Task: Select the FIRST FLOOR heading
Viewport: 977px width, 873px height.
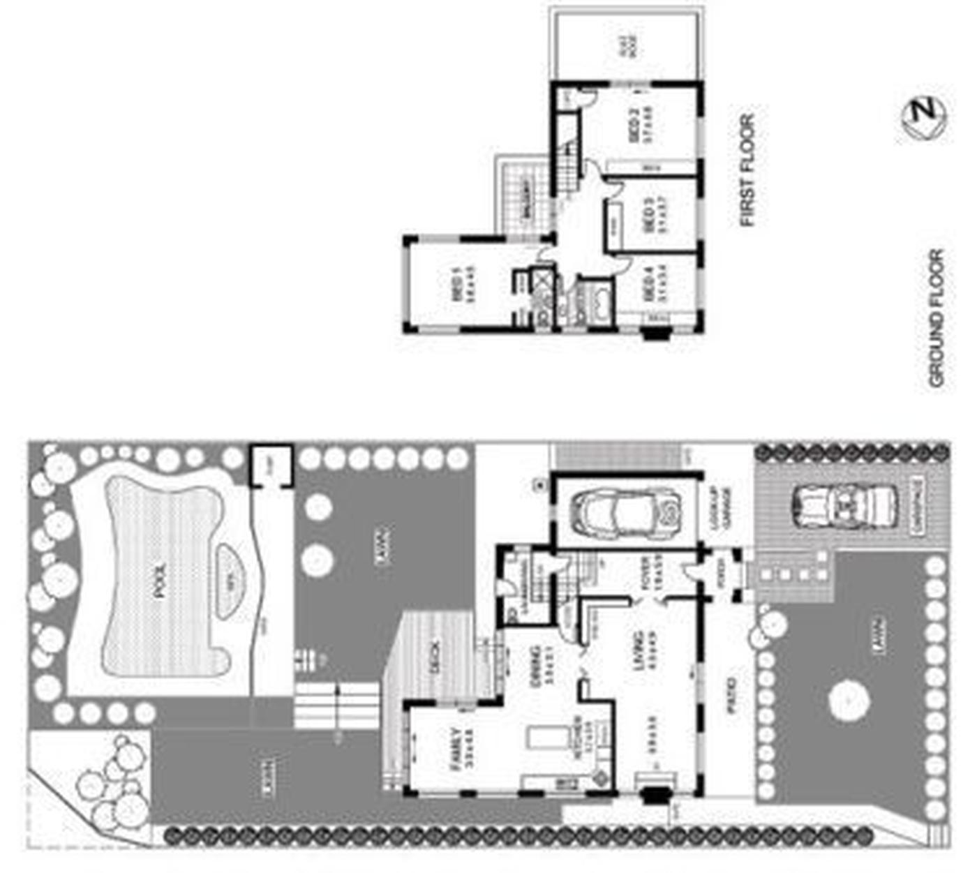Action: point(747,170)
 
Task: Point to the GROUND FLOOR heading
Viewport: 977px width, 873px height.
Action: point(936,318)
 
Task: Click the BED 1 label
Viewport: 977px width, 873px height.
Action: point(458,284)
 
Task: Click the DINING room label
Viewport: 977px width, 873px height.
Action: point(536,665)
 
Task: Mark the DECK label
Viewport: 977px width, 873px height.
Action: point(435,657)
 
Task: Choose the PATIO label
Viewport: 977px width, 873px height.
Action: point(731,695)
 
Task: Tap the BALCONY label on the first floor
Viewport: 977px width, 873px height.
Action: point(525,200)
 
